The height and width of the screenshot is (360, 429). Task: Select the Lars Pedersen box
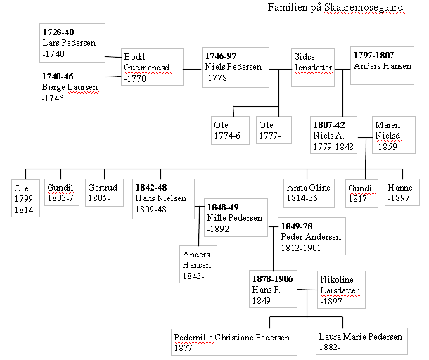(x=73, y=44)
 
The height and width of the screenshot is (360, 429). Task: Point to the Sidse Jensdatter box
(x=312, y=67)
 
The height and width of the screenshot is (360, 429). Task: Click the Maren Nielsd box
(x=389, y=136)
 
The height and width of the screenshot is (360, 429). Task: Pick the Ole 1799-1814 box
(x=26, y=198)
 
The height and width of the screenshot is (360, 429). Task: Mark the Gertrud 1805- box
(x=105, y=193)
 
